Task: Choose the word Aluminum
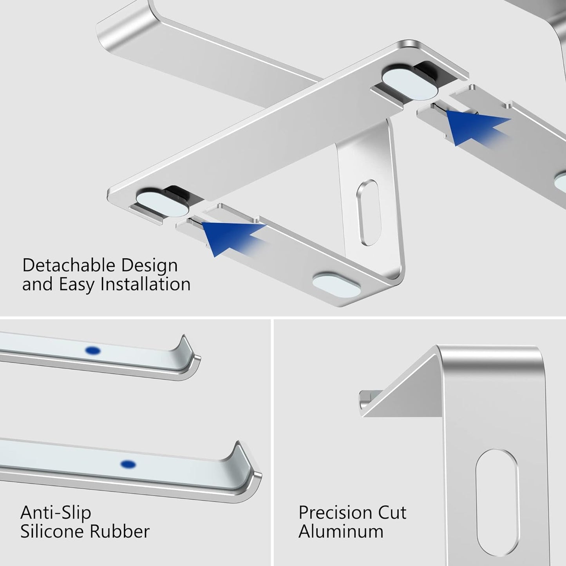point(341,532)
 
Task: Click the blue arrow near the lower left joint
point(227,237)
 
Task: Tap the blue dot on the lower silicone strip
point(128,465)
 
